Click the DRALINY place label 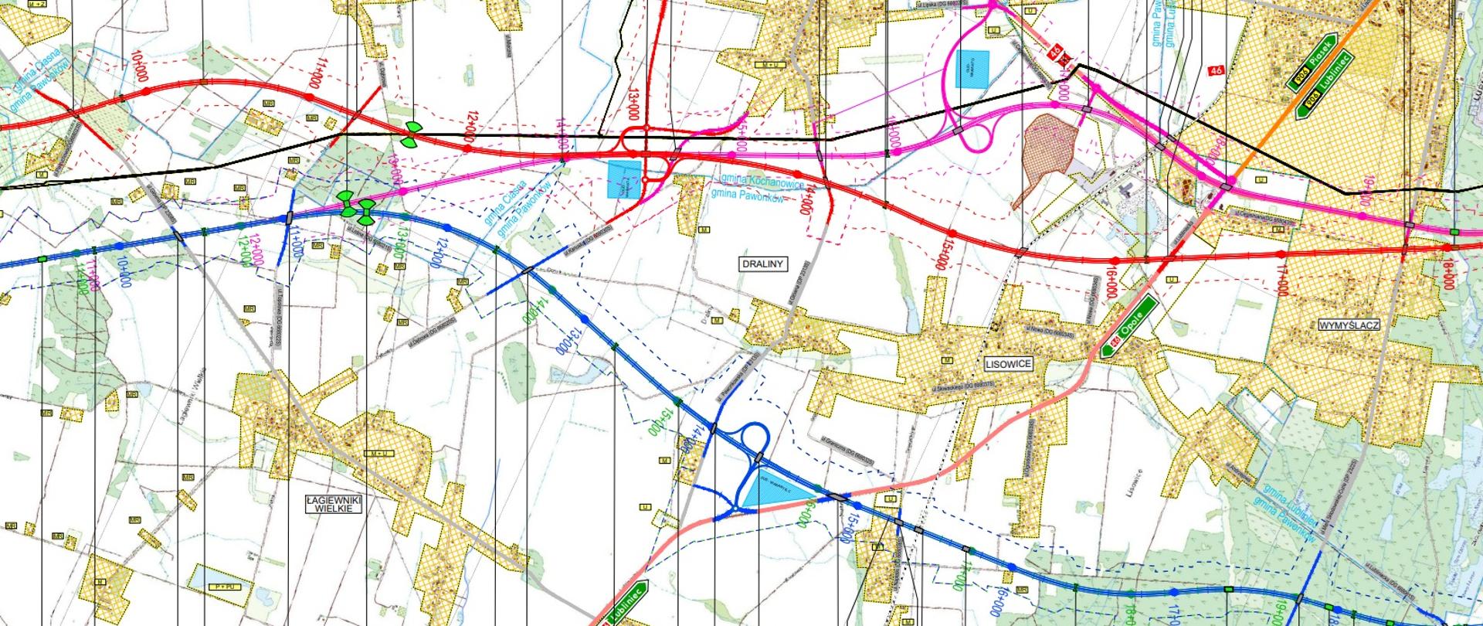[x=762, y=264]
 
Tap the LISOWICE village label [x=1009, y=363]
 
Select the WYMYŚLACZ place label [x=1349, y=325]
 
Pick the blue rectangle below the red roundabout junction [x=624, y=180]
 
